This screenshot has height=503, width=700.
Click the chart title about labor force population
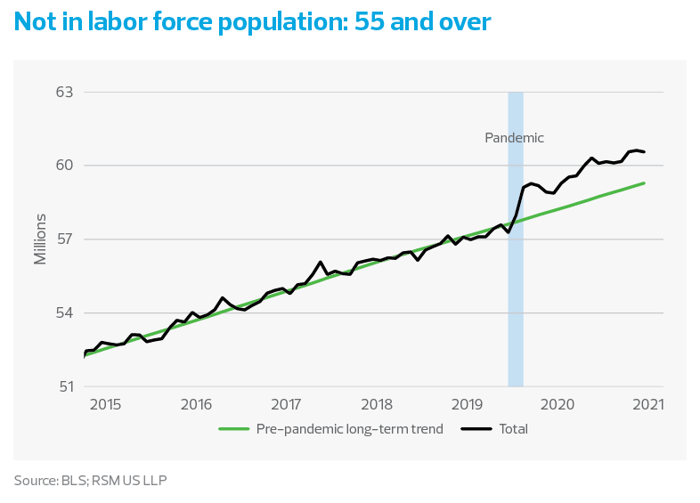pyautogui.click(x=252, y=22)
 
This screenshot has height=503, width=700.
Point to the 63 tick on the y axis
pyautogui.click(x=65, y=92)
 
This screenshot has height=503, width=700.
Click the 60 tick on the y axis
pyautogui.click(x=65, y=166)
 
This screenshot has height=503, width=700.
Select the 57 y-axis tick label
pyautogui.click(x=65, y=239)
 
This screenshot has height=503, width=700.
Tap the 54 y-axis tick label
pyautogui.click(x=65, y=313)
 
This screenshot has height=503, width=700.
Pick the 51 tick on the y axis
pyautogui.click(x=65, y=387)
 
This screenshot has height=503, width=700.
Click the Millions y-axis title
pyautogui.click(x=40, y=239)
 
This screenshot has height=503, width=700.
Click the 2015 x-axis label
pyautogui.click(x=105, y=405)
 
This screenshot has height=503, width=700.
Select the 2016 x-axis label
pyautogui.click(x=196, y=405)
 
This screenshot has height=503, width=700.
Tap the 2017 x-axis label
pyautogui.click(x=286, y=405)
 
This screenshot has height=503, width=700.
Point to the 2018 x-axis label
pyautogui.click(x=377, y=405)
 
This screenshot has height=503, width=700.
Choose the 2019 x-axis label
pyautogui.click(x=467, y=405)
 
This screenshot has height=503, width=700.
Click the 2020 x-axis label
pyautogui.click(x=558, y=405)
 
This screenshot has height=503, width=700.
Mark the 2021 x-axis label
pyautogui.click(x=647, y=405)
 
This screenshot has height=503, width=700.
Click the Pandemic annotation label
pyautogui.click(x=514, y=138)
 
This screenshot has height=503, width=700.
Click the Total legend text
pyautogui.click(x=513, y=429)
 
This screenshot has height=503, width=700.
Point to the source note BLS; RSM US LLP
pyautogui.click(x=90, y=481)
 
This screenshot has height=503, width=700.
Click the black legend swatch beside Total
pyautogui.click(x=478, y=429)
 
